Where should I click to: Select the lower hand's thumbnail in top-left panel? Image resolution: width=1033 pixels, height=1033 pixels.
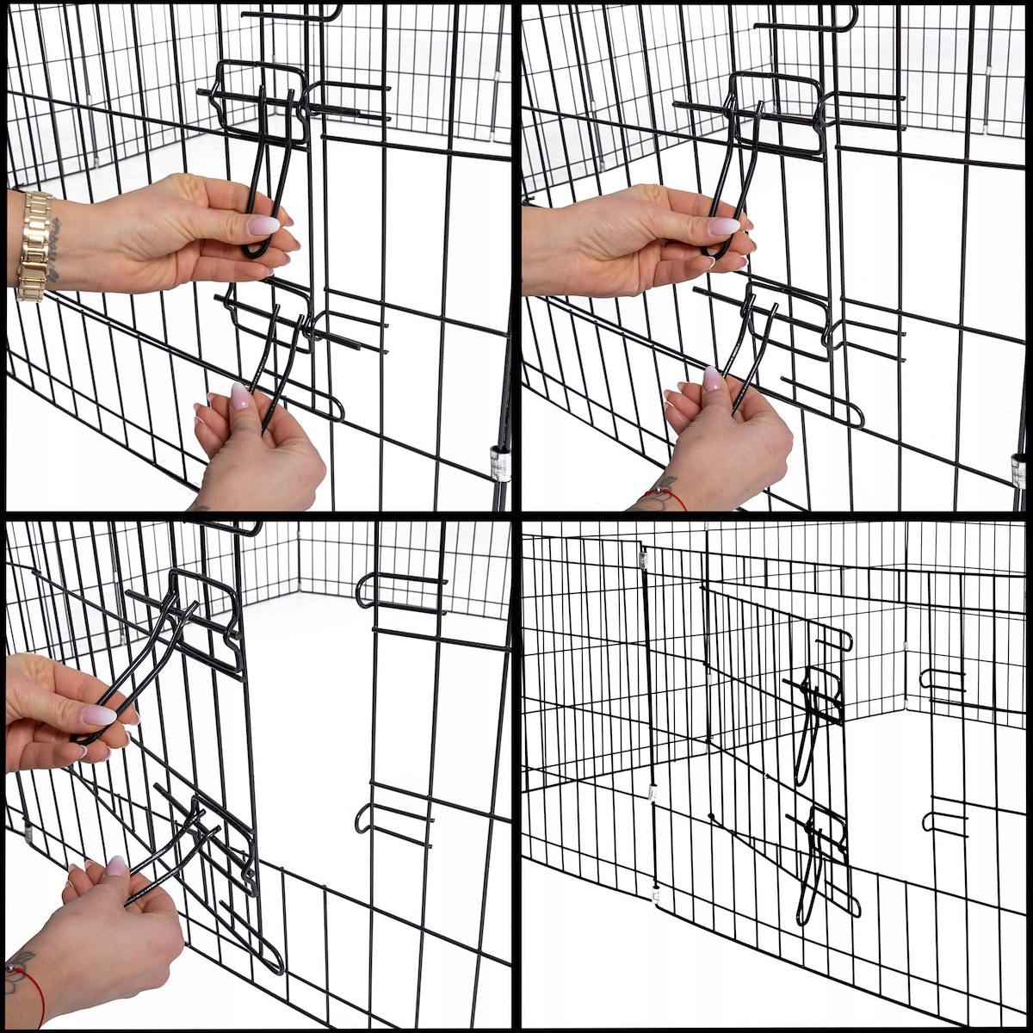tap(240, 396)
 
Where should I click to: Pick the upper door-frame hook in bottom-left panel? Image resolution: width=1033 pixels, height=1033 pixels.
tap(400, 590)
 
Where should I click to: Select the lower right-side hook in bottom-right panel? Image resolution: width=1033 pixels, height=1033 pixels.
tap(943, 818)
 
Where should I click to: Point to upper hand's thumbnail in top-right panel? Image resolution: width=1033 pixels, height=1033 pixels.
tap(723, 226)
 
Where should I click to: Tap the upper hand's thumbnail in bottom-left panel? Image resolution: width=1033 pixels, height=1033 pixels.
tap(99, 715)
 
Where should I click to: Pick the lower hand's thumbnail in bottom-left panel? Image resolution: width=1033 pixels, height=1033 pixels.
tap(116, 865)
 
